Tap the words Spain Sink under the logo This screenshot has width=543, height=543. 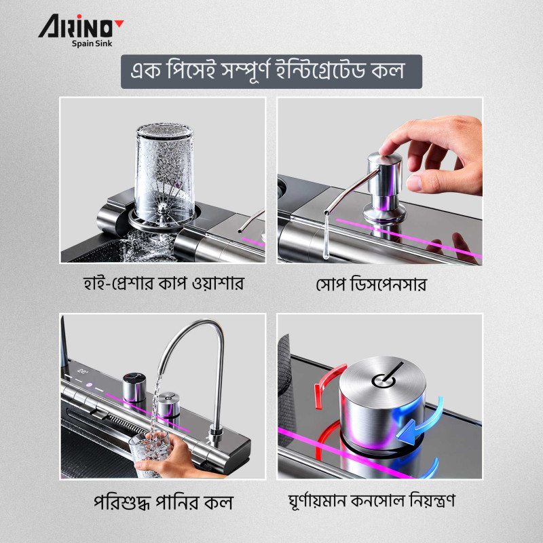pos(92,43)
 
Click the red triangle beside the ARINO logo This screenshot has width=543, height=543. pos(119,23)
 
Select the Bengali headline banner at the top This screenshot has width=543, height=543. pos(271,72)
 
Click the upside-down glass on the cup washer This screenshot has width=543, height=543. pos(164,173)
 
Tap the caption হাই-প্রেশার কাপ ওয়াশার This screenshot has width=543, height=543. pos(163,284)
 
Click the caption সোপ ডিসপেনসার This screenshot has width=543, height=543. pos(371,284)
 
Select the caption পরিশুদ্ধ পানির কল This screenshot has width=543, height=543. pos(163,502)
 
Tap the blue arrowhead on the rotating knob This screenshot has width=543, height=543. pos(407,431)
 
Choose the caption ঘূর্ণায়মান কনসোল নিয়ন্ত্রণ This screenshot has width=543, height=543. pos(371,501)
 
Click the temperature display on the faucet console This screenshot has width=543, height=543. pos(83,371)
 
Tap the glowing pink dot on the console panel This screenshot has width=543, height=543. pos(89,385)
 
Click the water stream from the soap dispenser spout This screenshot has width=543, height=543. pos(326,236)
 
